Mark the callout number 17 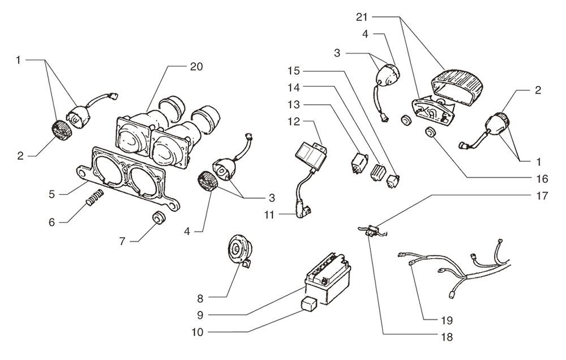[542, 198]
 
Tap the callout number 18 [445, 336]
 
